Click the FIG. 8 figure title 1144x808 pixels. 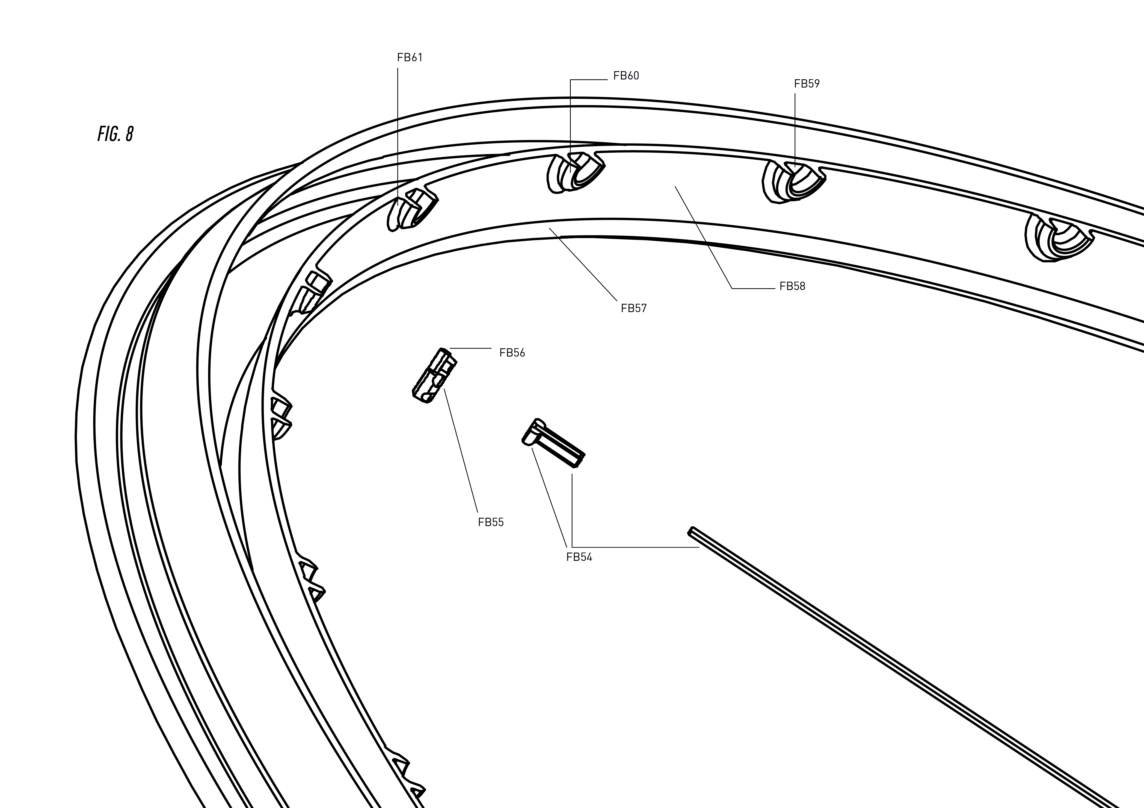[x=116, y=134]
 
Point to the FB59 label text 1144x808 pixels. [x=807, y=84]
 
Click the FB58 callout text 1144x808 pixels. [x=792, y=286]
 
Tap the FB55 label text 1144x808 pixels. [x=491, y=522]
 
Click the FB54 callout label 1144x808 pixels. [x=579, y=557]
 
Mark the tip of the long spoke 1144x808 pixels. [x=690, y=531]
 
